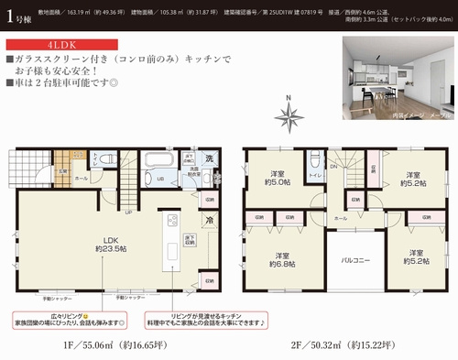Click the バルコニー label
pyautogui.click(x=354, y=260)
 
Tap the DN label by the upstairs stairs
pyautogui.click(x=335, y=164)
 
